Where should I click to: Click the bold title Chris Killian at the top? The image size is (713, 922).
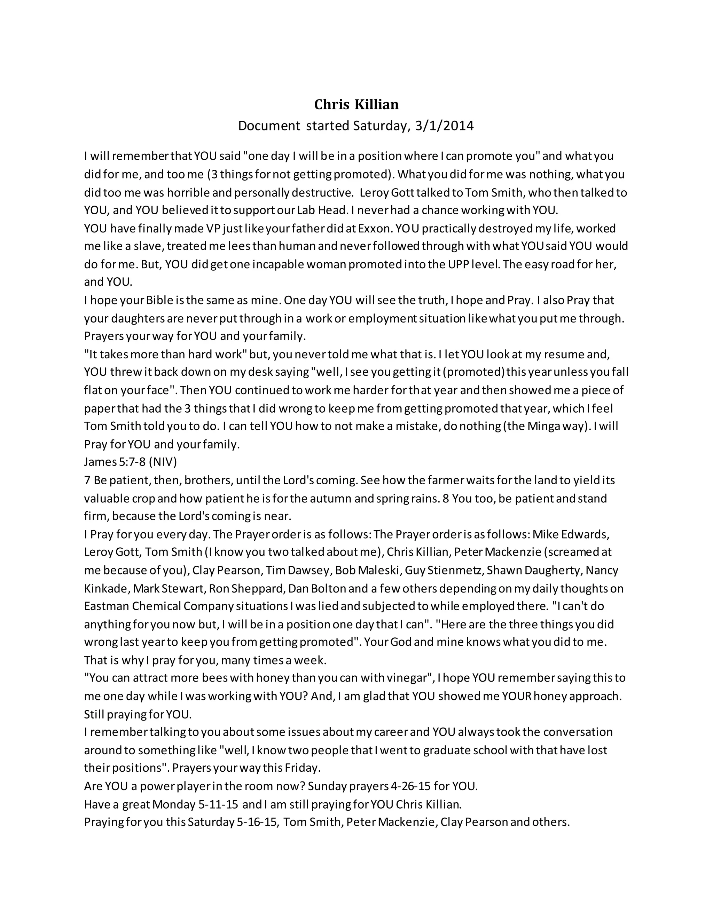(x=356, y=104)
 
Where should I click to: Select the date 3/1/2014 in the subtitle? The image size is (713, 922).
(x=444, y=126)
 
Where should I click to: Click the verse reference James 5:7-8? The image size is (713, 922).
(x=115, y=462)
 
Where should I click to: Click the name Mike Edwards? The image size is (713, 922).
(x=570, y=534)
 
